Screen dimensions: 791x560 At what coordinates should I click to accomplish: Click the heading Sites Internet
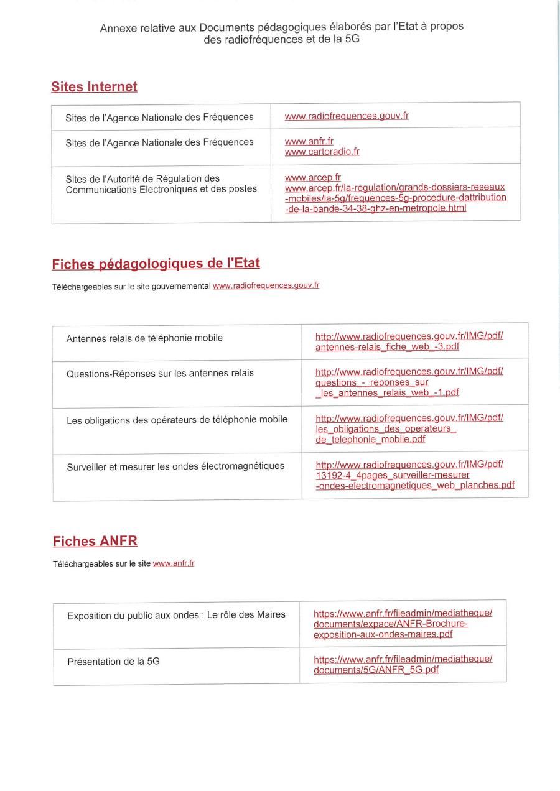[94, 87]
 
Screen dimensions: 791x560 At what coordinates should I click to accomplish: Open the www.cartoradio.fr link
[322, 152]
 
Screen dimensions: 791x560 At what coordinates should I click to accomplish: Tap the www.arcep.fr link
[312, 177]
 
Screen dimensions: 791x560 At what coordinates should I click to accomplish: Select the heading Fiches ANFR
[95, 541]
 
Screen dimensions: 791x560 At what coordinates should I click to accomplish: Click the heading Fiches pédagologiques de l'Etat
[156, 264]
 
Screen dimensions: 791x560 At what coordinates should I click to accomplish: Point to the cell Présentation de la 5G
[113, 662]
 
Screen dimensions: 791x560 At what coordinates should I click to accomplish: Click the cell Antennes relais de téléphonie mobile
[144, 338]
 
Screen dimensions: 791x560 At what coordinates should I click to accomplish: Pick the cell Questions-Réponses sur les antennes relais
[160, 374]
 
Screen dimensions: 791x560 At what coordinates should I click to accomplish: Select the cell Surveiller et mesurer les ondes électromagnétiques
[175, 466]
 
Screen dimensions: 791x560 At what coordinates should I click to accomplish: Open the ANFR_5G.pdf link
[376, 670]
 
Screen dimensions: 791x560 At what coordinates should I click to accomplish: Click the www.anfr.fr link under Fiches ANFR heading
[174, 563]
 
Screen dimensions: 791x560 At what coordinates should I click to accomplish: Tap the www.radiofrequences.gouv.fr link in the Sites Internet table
[347, 116]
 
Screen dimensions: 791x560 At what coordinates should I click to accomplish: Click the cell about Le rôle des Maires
[176, 615]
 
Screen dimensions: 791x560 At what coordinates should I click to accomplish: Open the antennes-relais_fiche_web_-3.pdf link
[387, 346]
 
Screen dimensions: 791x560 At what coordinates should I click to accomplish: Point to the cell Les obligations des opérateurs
[177, 420]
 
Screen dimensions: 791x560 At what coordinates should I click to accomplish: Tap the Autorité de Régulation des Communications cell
[161, 183]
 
